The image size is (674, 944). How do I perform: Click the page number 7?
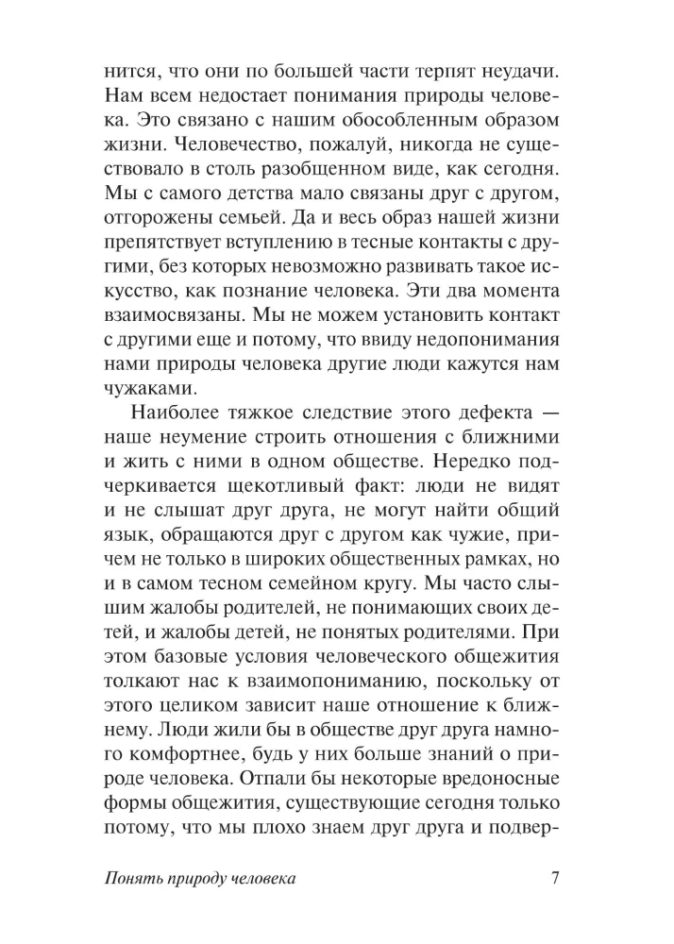click(x=555, y=878)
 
